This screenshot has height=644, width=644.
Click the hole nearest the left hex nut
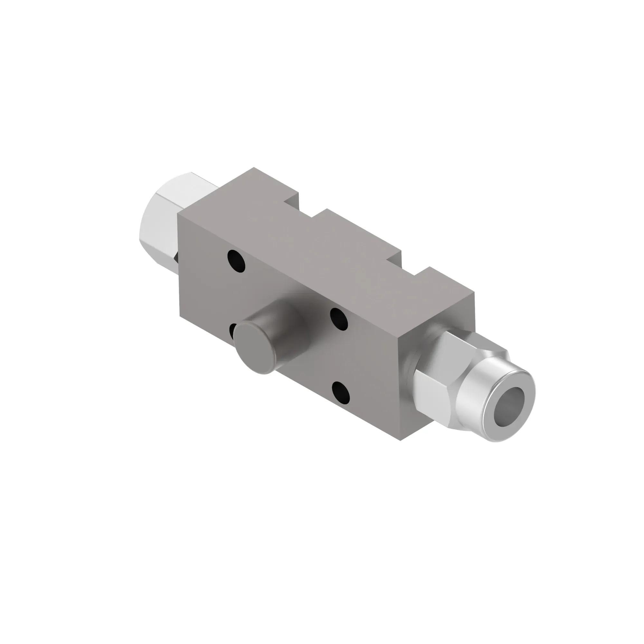236,261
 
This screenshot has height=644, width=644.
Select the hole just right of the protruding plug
339,319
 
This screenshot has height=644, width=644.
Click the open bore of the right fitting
509,407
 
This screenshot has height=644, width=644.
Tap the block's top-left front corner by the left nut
178,213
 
